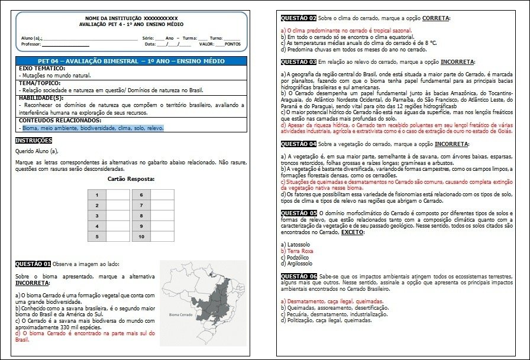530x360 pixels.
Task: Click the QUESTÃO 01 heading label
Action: point(33,264)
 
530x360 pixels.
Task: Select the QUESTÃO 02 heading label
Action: point(298,18)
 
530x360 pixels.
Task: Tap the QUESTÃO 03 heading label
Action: point(298,61)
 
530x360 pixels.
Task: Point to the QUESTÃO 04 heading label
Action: point(298,144)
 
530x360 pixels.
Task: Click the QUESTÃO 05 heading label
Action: point(298,212)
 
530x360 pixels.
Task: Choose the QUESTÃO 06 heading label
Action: point(298,276)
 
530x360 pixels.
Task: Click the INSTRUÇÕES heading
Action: point(33,140)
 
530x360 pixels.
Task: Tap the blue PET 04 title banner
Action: point(130,61)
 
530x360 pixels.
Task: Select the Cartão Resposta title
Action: point(131,179)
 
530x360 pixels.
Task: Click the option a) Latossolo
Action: point(298,244)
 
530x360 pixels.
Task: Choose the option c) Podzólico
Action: point(300,257)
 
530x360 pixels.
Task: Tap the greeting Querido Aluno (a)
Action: point(41,151)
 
